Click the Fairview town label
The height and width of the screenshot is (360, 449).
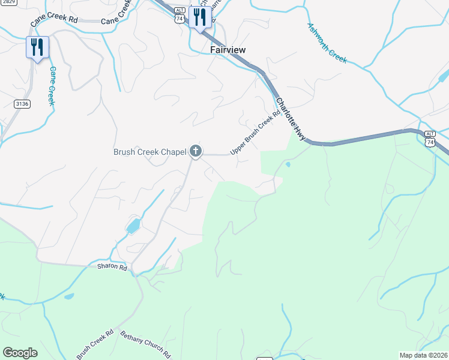pos(228,50)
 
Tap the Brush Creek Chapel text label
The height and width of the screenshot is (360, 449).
pos(149,152)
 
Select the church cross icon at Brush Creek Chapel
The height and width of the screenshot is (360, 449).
pos(195,151)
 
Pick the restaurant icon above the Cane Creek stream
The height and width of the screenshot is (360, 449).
pos(37,47)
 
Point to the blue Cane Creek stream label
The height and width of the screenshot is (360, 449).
pos(52,86)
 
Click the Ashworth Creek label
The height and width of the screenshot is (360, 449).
pos(327,43)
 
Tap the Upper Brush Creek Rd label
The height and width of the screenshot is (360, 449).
pos(256,132)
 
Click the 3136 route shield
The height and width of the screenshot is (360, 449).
pos(22,104)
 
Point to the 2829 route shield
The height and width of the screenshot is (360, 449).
pos(8,2)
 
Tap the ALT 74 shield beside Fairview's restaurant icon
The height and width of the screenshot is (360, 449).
pos(179,16)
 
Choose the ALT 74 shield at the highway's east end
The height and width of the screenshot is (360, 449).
pos(429,138)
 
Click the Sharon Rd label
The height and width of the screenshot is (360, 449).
pos(112,267)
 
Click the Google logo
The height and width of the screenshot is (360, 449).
pos(20,353)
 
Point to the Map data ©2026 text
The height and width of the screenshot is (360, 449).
pos(423,355)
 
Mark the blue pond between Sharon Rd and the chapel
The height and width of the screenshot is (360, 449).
pos(133,226)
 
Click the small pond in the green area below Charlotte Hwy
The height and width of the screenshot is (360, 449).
pos(288,164)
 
